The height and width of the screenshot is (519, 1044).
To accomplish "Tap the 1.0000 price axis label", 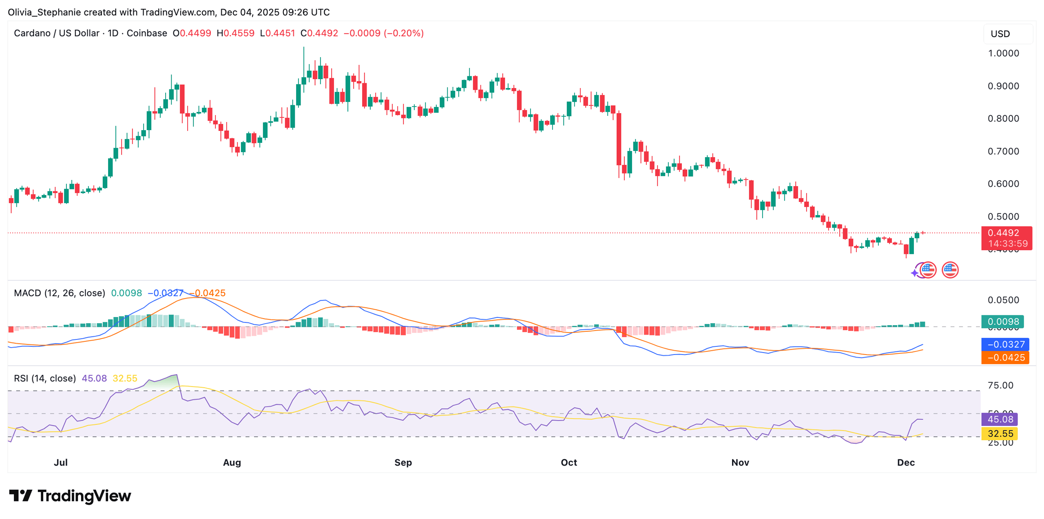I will pos(1003,53).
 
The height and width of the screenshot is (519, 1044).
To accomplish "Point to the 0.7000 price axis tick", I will pos(1003,151).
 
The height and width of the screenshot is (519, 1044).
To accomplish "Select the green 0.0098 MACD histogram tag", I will pos(1002,322).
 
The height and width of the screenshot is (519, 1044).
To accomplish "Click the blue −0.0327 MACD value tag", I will pos(1004,344).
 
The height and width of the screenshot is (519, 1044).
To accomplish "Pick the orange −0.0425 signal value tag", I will pos(1004,357).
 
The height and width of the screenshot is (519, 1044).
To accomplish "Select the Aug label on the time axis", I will pos(232,462).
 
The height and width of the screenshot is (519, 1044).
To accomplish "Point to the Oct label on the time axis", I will pos(568,462).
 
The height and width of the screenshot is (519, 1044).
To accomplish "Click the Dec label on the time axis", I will pos(905,462).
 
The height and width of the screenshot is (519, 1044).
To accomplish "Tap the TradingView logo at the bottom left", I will pos(70,496).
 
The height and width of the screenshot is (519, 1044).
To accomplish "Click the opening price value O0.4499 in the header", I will pos(192,33).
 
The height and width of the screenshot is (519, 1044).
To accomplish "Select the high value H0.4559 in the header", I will pos(235,33).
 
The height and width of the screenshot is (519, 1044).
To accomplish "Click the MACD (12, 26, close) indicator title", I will pos(60,293).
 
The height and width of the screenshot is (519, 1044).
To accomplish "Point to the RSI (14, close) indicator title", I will pos(45,378).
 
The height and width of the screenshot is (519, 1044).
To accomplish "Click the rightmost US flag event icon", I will pos(950,270).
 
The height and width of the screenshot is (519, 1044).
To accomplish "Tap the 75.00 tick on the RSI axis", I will pos(1000,385).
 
